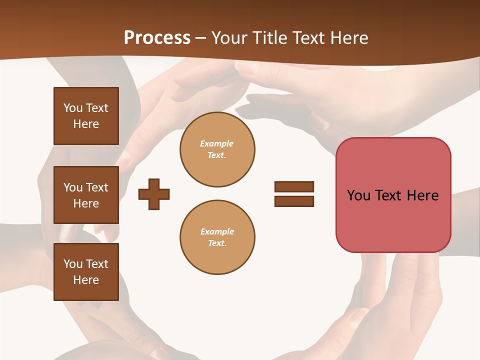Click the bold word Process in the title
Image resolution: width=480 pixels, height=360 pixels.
point(157,38)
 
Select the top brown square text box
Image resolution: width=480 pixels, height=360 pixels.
point(86,116)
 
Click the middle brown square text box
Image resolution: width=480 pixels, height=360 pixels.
point(86,195)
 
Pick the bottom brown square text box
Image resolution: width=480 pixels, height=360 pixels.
point(86,272)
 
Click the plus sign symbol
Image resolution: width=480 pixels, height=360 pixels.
point(154,194)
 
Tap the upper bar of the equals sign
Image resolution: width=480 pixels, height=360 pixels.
point(294,186)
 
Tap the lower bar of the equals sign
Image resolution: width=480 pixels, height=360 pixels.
point(294,201)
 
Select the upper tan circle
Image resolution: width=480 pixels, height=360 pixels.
point(217,149)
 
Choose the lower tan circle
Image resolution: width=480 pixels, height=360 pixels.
point(217,237)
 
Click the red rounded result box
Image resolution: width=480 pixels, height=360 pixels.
point(393,195)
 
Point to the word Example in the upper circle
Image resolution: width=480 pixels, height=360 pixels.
point(216,143)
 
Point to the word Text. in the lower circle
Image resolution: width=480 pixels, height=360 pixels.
point(217,243)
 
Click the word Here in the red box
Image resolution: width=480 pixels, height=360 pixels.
point(422,195)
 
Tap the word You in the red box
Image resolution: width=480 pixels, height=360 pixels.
point(358,195)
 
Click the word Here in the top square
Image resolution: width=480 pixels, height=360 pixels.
point(86,124)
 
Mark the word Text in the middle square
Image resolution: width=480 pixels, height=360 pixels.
point(97,187)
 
